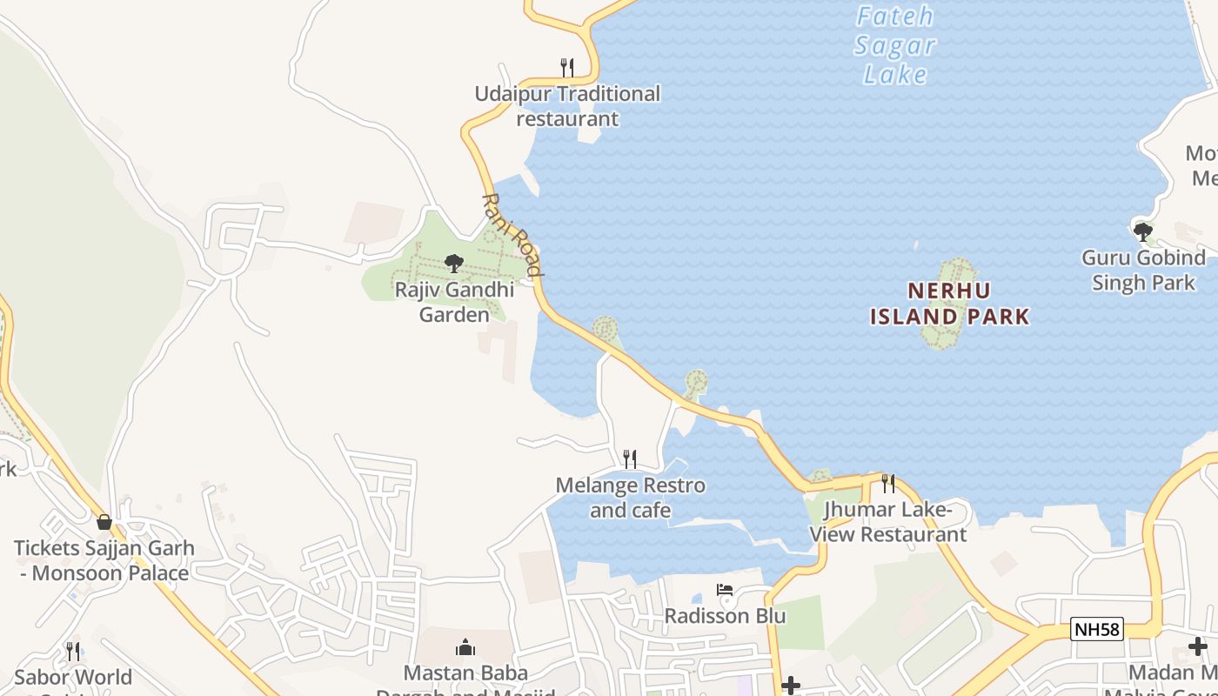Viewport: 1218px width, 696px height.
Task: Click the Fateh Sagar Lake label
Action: [895, 45]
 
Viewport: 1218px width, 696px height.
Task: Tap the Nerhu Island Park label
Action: [950, 303]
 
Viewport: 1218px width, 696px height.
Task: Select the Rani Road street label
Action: [512, 235]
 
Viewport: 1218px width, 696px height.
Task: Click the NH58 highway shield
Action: [1097, 629]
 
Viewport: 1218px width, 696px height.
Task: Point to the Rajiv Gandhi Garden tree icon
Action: [453, 263]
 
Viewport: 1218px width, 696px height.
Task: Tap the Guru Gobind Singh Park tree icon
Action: [1142, 231]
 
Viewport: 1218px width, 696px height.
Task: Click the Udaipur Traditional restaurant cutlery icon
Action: [566, 67]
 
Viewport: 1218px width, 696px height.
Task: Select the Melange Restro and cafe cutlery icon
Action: [630, 458]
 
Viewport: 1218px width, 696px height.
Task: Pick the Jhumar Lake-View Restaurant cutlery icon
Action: [888, 483]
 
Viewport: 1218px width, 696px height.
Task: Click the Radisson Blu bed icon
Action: [724, 590]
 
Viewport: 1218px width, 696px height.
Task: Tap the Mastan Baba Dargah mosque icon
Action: [465, 647]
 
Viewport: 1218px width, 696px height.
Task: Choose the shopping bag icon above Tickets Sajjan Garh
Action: [104, 522]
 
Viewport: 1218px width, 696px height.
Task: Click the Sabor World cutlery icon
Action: [73, 651]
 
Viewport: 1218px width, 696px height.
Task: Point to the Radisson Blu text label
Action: [725, 616]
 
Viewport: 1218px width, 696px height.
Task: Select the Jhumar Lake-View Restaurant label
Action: [888, 522]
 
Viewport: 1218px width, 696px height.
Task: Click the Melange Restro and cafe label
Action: [630, 498]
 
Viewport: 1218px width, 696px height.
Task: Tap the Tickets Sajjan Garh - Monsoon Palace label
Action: [104, 561]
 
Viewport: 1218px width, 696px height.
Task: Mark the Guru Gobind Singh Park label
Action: [1143, 271]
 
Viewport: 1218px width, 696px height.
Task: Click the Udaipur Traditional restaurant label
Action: [567, 106]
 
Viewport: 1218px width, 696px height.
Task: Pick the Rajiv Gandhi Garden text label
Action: [454, 302]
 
